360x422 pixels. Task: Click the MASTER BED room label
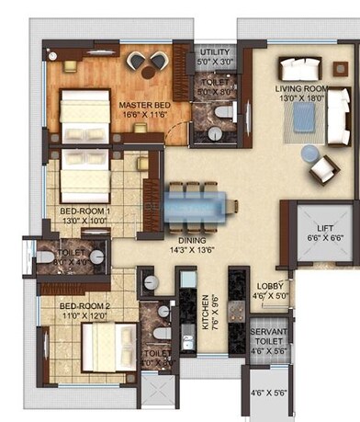[x=142, y=106]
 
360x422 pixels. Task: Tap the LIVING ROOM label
[x=301, y=88]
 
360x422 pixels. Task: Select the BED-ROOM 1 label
[x=85, y=211]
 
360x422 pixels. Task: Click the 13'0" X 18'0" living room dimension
[x=301, y=97]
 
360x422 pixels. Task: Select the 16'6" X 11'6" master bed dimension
[x=142, y=115]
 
